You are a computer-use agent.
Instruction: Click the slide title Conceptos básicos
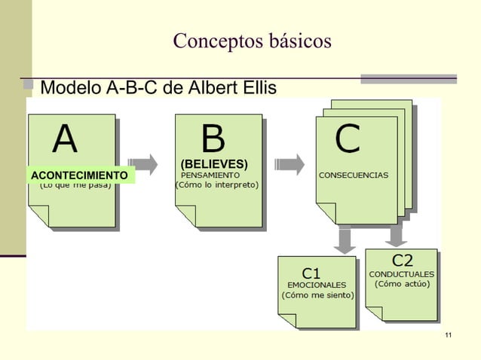point(252,41)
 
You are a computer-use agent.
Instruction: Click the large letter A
point(65,139)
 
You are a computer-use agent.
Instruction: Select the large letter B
point(213,139)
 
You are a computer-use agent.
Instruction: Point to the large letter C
point(348,139)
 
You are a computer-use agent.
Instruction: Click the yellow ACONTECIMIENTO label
point(80,175)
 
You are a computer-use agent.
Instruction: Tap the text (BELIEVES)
point(214,163)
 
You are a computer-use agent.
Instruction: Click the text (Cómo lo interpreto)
point(216,185)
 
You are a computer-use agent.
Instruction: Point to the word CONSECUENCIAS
point(354,175)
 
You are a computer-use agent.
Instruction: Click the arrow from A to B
point(142,163)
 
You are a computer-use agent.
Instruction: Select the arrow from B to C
point(290,163)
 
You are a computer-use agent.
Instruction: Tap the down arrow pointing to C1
point(345,240)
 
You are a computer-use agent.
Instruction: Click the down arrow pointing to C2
point(394,236)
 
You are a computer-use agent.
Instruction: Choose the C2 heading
point(402,261)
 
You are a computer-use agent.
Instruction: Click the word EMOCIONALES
point(317,285)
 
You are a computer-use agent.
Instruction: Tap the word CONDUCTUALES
point(402,273)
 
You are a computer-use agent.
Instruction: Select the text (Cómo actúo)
point(403,284)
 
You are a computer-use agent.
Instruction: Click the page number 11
point(449,334)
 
